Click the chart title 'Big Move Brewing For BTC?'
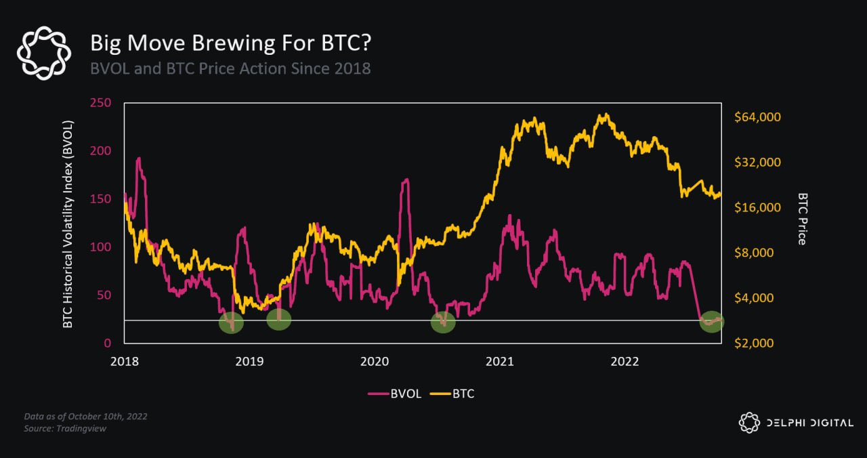(231, 43)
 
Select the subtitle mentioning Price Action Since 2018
(230, 68)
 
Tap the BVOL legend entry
(396, 394)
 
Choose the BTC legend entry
(453, 394)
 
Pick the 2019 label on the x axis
(249, 362)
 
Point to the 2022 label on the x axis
(625, 362)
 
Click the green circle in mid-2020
(443, 322)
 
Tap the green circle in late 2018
(231, 322)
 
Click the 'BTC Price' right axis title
(803, 218)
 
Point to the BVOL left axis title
(68, 224)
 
